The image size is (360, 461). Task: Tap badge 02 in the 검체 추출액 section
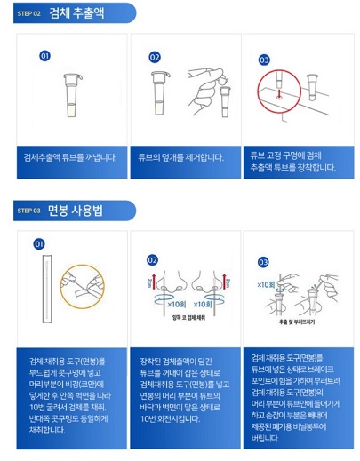point(155,57)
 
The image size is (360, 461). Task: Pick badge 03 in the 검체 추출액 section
point(264,60)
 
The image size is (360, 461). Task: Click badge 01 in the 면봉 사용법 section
point(39,243)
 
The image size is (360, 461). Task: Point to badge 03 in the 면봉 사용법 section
point(263,262)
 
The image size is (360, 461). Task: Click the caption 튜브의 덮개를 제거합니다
point(181,158)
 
